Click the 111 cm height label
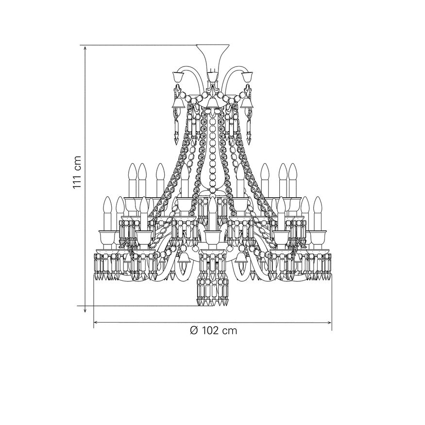coord(77,172)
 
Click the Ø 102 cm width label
coord(213,330)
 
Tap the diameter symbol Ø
coord(194,330)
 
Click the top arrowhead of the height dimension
coord(85,49)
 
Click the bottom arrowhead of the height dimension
coord(85,309)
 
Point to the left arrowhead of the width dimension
coord(97,323)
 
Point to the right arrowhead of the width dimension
coord(329,323)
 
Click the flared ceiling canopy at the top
coord(213,54)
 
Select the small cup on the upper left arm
coord(178,77)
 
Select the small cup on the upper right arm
coord(247,77)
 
